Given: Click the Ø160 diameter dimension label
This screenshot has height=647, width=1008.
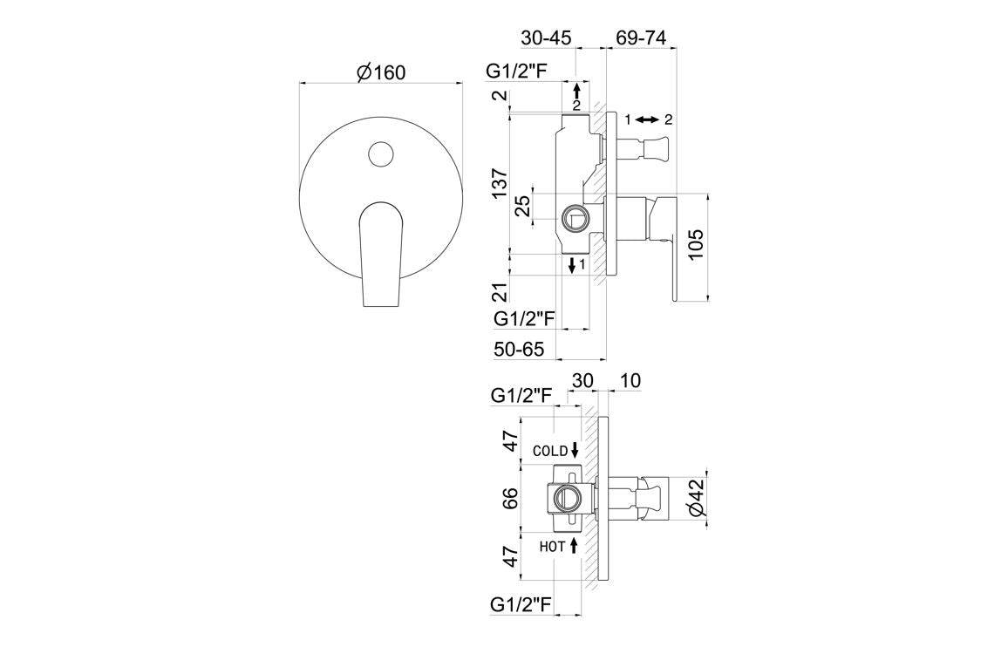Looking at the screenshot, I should click(381, 72).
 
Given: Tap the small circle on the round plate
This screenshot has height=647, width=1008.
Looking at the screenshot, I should click(380, 155).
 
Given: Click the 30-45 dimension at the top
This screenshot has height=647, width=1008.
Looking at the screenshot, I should click(546, 38).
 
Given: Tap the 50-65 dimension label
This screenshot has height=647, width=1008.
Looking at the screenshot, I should click(519, 349).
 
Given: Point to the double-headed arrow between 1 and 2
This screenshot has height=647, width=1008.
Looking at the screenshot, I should click(646, 120).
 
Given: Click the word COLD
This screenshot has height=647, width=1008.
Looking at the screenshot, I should click(550, 451).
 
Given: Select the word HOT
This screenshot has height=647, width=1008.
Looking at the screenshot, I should click(552, 547).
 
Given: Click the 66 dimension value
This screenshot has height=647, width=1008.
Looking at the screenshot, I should click(511, 498).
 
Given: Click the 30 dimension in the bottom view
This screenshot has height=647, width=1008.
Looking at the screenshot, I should click(582, 380).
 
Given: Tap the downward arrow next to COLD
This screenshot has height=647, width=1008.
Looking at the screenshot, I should click(575, 450).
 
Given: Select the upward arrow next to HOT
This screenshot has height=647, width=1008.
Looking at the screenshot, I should click(575, 546).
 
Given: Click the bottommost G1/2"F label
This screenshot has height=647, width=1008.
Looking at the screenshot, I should click(521, 603).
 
